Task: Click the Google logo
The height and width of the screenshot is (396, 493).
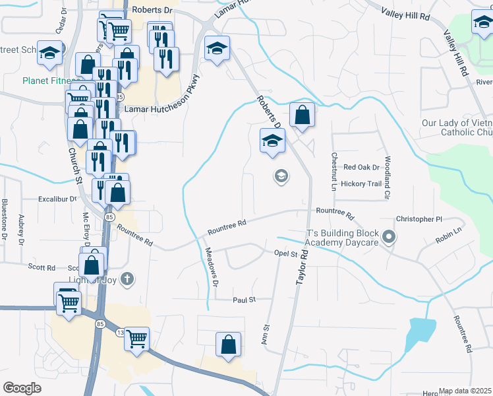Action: coord(22,388)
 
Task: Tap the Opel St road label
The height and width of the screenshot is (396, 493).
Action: coord(287,253)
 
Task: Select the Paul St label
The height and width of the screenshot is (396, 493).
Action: coord(243,300)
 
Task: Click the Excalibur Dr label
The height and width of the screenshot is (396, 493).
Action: coord(57,198)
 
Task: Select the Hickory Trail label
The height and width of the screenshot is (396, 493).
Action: coord(362,183)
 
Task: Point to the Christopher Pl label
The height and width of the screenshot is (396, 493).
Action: coord(419,219)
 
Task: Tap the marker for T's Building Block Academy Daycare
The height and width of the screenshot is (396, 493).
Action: coord(390,236)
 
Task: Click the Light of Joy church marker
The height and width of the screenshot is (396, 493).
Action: coord(127,279)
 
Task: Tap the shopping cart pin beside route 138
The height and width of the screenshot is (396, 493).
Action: coord(136,339)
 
